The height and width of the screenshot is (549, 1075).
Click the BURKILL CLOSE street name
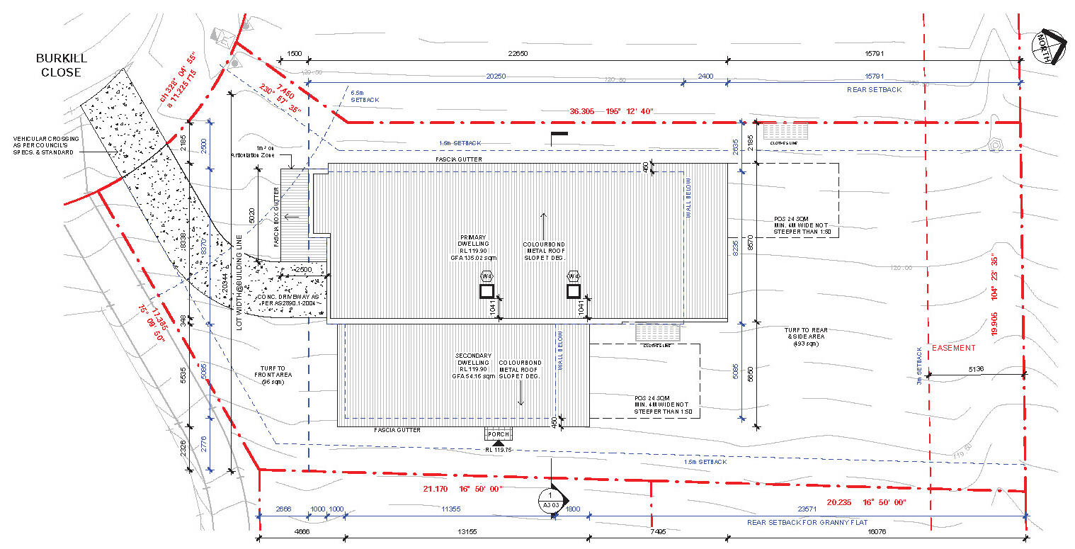[60, 66]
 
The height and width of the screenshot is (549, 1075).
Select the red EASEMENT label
[953, 348]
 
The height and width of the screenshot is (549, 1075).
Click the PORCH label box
[499, 434]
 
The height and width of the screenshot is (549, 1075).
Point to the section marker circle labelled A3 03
[551, 501]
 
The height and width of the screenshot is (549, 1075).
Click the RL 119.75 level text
[499, 450]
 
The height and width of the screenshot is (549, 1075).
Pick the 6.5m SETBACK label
[365, 96]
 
